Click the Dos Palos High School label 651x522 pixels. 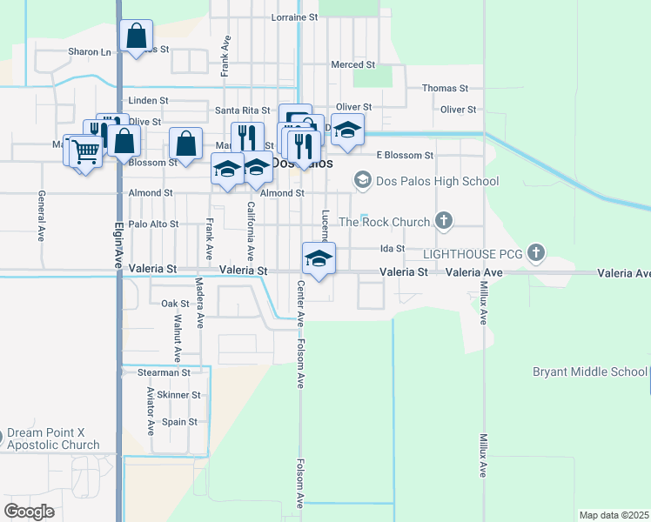click(438, 182)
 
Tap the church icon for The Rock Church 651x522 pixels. click(444, 221)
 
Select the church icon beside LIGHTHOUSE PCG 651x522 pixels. click(537, 254)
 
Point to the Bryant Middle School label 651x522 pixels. click(590, 372)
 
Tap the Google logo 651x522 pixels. click(30, 511)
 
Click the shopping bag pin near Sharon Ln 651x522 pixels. click(136, 37)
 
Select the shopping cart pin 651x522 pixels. click(85, 151)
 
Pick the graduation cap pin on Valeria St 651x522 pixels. click(319, 258)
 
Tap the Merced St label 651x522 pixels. click(352, 65)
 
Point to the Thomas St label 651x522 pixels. click(446, 89)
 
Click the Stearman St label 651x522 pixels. click(164, 372)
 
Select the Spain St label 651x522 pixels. click(180, 422)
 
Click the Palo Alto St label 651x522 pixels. click(153, 224)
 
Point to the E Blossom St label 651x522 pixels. click(405, 156)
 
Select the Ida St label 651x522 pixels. click(393, 249)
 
